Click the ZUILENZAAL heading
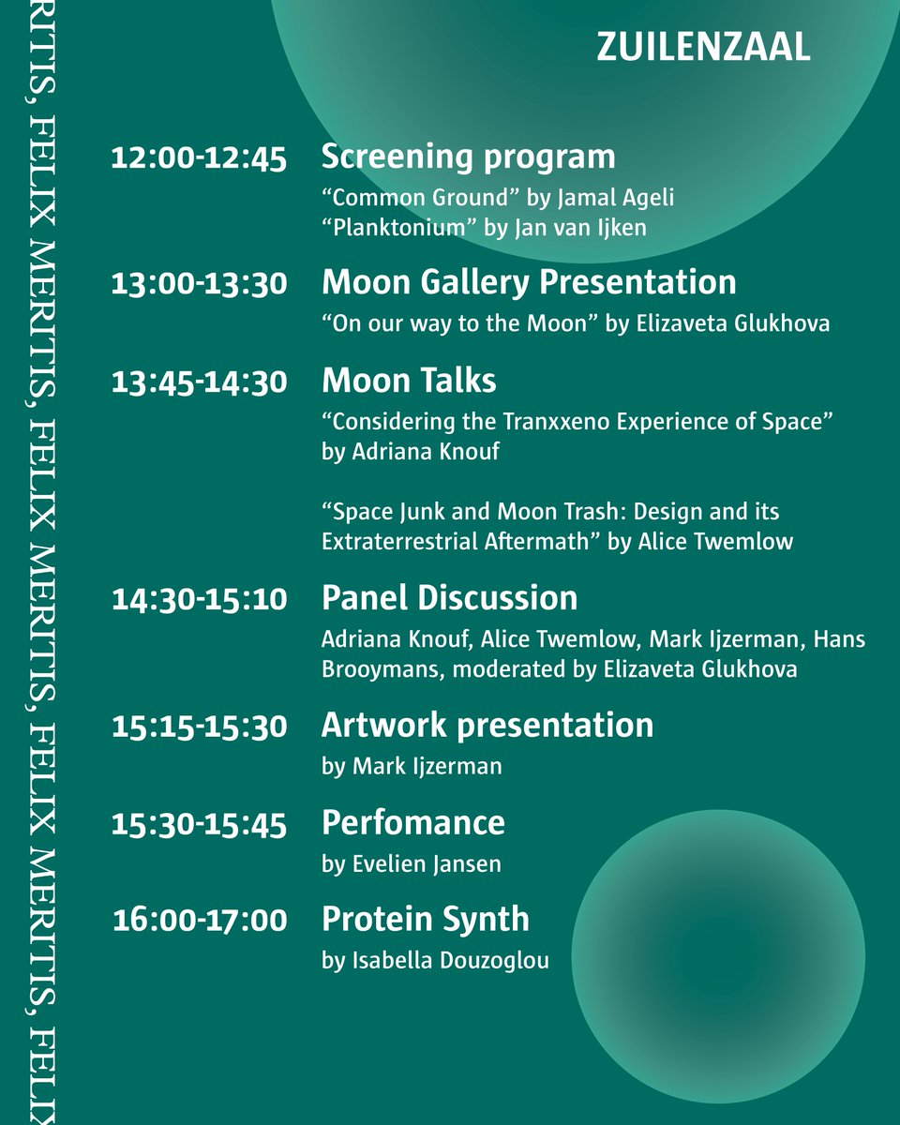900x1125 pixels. tap(703, 48)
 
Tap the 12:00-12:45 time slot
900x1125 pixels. tap(199, 158)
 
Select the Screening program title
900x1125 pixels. tap(468, 157)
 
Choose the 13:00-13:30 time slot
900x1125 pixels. tap(199, 284)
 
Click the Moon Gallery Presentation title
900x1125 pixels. tap(529, 282)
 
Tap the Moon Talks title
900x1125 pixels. tap(409, 381)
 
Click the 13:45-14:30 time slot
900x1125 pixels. tap(199, 382)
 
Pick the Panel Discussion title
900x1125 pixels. tap(449, 598)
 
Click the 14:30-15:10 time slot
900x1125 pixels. tap(199, 599)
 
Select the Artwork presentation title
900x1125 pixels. tap(487, 726)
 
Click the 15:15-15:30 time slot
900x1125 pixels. tap(199, 727)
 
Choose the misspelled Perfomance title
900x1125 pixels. tap(412, 823)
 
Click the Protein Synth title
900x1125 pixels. tap(425, 919)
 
